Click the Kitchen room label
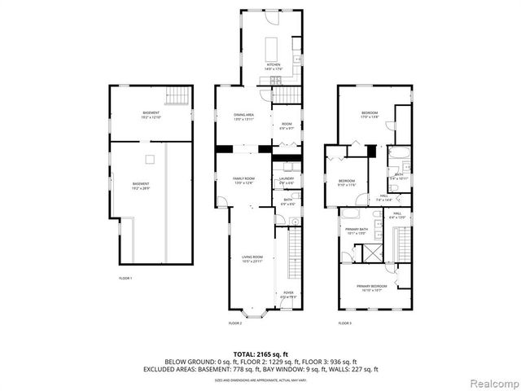(x=272, y=66)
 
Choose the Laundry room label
(x=287, y=180)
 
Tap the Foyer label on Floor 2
(x=288, y=294)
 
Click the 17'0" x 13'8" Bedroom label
(x=370, y=116)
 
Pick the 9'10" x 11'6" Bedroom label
(x=347, y=182)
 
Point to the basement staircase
(x=177, y=98)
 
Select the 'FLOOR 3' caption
(x=345, y=323)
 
